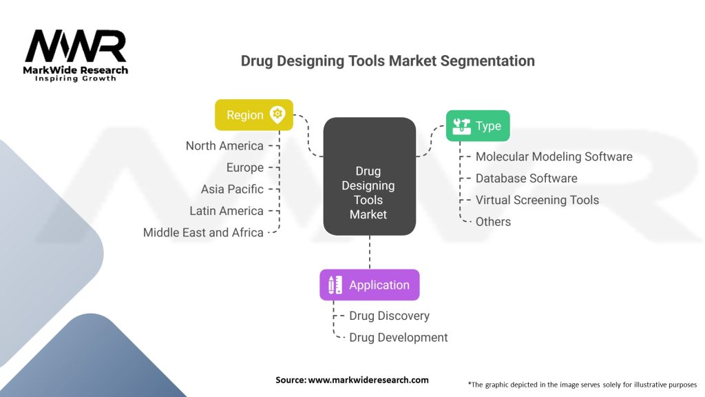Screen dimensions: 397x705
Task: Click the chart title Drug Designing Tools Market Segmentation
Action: point(388,61)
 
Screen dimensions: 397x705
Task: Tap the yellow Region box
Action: point(253,115)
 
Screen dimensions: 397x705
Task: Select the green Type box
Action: point(477,126)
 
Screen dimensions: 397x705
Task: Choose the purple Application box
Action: point(369,285)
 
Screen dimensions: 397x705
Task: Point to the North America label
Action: point(224,146)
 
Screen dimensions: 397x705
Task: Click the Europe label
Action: point(244,167)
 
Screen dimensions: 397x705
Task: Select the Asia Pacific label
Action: point(232,189)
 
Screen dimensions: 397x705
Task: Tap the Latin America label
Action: point(227,211)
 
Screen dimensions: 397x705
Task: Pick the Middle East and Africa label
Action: point(203,232)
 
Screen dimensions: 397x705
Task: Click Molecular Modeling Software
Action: point(554,156)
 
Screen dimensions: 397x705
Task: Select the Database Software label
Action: point(526,179)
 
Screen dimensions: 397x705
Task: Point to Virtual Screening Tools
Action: point(537,200)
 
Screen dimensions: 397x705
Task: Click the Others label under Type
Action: point(493,222)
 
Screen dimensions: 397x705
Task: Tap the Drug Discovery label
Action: point(389,316)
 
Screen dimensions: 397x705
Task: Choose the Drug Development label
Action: point(398,338)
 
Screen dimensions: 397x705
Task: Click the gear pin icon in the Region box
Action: point(277,114)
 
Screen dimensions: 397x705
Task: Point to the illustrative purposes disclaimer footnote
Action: point(582,384)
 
